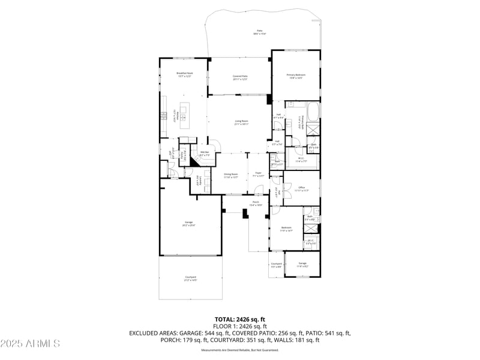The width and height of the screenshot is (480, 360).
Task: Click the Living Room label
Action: (241, 122)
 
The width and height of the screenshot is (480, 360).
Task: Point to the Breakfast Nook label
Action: (184, 74)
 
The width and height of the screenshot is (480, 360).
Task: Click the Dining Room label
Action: (231, 176)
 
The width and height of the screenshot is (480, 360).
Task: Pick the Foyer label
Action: (259, 176)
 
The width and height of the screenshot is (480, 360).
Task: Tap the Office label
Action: (302, 189)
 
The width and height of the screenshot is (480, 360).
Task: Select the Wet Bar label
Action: (204, 154)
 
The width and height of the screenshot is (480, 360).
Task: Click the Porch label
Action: (256, 203)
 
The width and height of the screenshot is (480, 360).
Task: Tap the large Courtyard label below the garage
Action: (190, 278)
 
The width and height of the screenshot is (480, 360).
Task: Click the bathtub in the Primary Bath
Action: (313, 112)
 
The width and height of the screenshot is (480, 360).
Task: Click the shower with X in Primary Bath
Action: (313, 128)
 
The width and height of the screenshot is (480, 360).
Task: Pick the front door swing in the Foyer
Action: (258, 190)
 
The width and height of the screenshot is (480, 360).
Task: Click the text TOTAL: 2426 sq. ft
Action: (240, 319)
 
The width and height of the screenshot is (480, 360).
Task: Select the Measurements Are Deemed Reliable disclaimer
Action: (240, 349)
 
